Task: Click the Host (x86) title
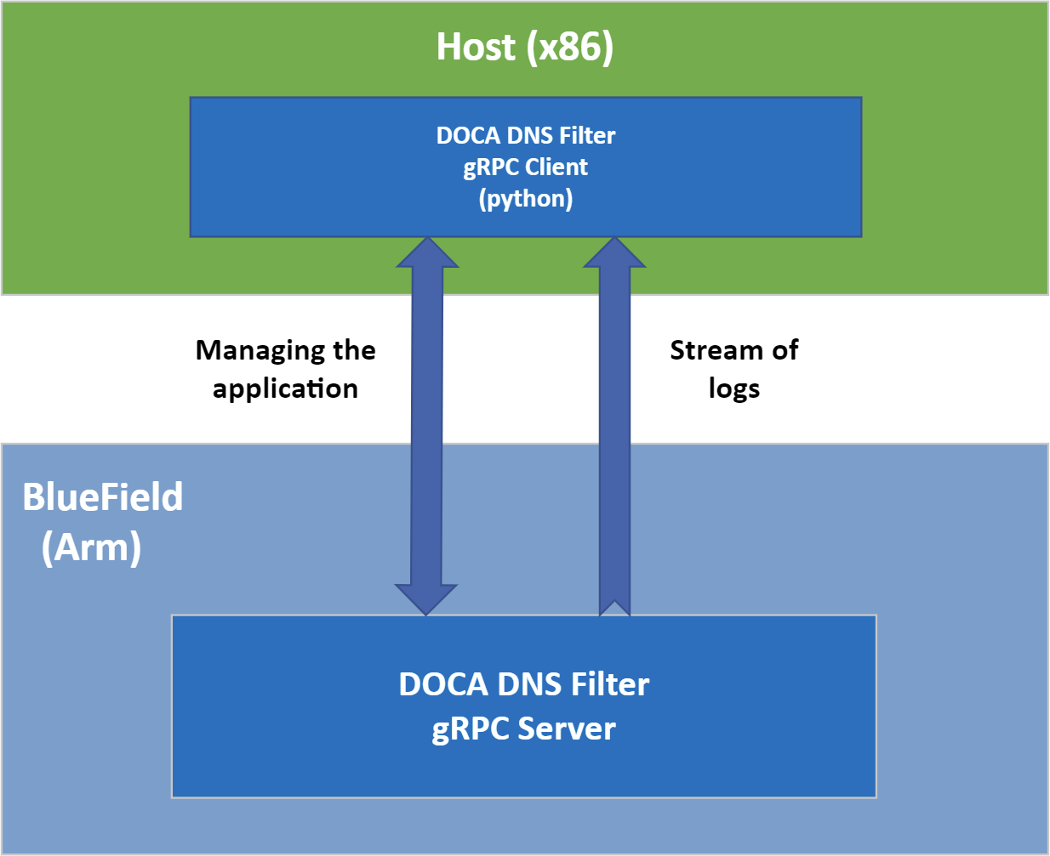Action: pos(524,47)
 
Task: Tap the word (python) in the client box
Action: pos(525,199)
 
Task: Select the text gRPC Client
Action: pos(525,167)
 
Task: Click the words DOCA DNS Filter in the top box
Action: pos(525,135)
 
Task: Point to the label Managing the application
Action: pos(285,369)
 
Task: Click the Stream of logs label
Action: pos(733,369)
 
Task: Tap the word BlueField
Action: pos(102,497)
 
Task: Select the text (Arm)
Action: pos(91,547)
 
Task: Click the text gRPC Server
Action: pos(523,729)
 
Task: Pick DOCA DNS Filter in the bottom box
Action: pos(523,684)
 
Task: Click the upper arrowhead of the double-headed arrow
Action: pos(428,253)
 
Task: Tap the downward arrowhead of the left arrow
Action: pos(426,598)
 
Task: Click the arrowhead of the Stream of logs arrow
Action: pos(614,253)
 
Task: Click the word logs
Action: pos(733,388)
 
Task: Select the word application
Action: pos(285,388)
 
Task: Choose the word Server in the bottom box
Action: pos(567,729)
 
